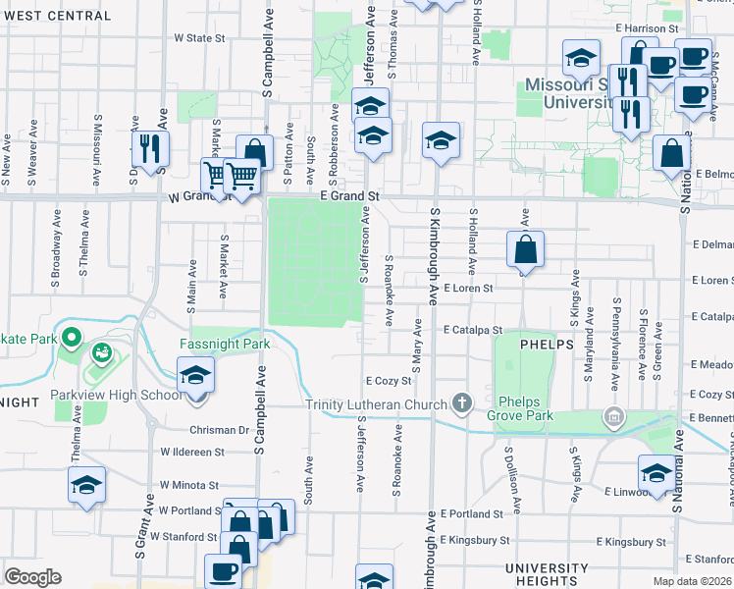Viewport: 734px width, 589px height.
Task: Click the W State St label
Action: point(199,38)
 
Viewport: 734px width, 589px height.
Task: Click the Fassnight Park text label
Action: point(225,345)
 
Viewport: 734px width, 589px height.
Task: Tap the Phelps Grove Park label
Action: point(525,408)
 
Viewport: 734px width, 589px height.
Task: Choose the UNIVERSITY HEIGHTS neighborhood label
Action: point(547,575)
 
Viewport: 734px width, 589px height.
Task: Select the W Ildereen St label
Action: point(193,453)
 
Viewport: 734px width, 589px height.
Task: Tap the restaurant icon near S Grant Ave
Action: point(150,148)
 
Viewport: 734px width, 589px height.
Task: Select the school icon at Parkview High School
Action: point(195,374)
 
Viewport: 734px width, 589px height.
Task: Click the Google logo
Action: point(33,577)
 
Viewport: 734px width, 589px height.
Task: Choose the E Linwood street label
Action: point(622,491)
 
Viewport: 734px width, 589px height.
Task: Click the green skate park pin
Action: point(71,340)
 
